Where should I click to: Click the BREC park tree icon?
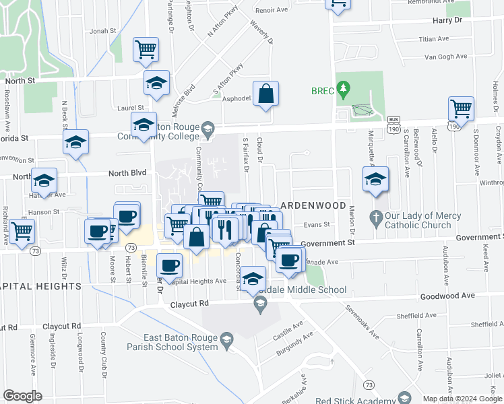344,88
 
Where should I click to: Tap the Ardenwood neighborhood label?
313,205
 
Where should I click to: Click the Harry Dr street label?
449,20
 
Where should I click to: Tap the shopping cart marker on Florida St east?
461,108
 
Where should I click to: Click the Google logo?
22,395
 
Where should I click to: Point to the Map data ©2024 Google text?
462,399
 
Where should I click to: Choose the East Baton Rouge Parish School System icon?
227,339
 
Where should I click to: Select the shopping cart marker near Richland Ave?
22,231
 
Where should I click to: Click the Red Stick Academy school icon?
404,398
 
